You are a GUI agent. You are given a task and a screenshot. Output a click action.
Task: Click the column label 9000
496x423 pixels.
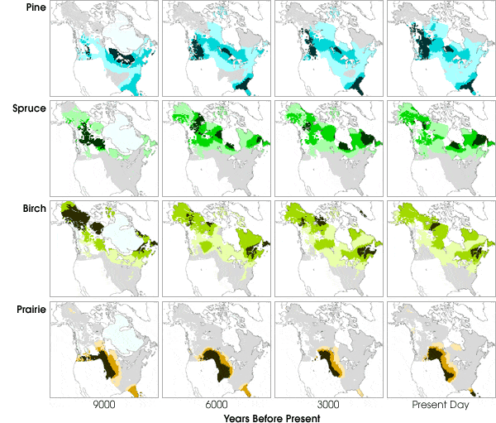tap(103, 406)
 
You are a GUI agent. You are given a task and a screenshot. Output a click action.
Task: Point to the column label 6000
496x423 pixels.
tap(216, 406)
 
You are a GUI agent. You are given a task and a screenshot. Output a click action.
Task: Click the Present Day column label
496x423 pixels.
tap(439, 406)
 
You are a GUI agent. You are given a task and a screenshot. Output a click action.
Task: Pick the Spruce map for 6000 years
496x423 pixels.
tap(216, 148)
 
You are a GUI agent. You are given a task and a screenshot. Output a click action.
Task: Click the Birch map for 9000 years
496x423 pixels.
tap(103, 249)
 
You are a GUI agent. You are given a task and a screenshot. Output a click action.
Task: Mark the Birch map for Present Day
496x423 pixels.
tap(439, 249)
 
